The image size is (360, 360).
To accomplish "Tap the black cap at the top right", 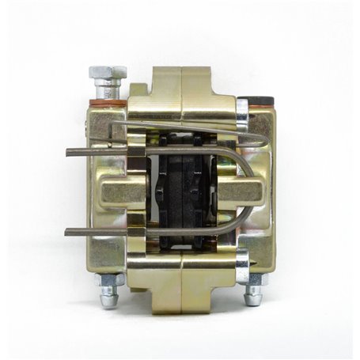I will [256, 100].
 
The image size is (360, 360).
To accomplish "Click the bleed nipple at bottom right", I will [253, 295].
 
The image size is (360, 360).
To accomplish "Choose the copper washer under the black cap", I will [257, 111].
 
